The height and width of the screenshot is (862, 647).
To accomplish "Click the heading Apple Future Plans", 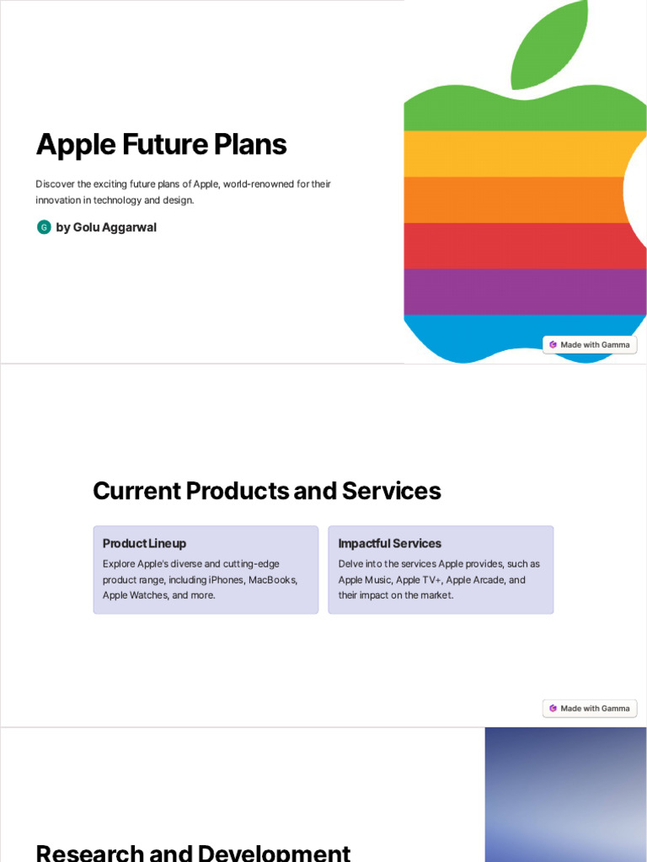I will tap(161, 145).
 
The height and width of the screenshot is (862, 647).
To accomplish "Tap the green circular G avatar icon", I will tap(44, 227).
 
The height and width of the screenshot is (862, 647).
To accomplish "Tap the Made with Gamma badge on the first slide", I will tap(590, 344).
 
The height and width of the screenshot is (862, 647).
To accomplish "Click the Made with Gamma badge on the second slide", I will tap(590, 708).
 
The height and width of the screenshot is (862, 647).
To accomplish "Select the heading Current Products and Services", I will tap(267, 491).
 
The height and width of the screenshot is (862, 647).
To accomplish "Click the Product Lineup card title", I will tap(144, 544).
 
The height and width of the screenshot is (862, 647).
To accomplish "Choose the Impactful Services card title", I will tap(389, 544).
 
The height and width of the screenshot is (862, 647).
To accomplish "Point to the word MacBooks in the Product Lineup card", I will tap(273, 580).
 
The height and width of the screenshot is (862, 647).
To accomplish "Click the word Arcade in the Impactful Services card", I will tap(489, 580).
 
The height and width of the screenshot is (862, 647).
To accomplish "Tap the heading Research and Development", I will tap(193, 852).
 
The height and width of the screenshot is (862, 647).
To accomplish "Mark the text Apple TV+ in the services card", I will tap(419, 580).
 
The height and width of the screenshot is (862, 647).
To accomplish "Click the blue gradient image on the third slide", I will tap(565, 794).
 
